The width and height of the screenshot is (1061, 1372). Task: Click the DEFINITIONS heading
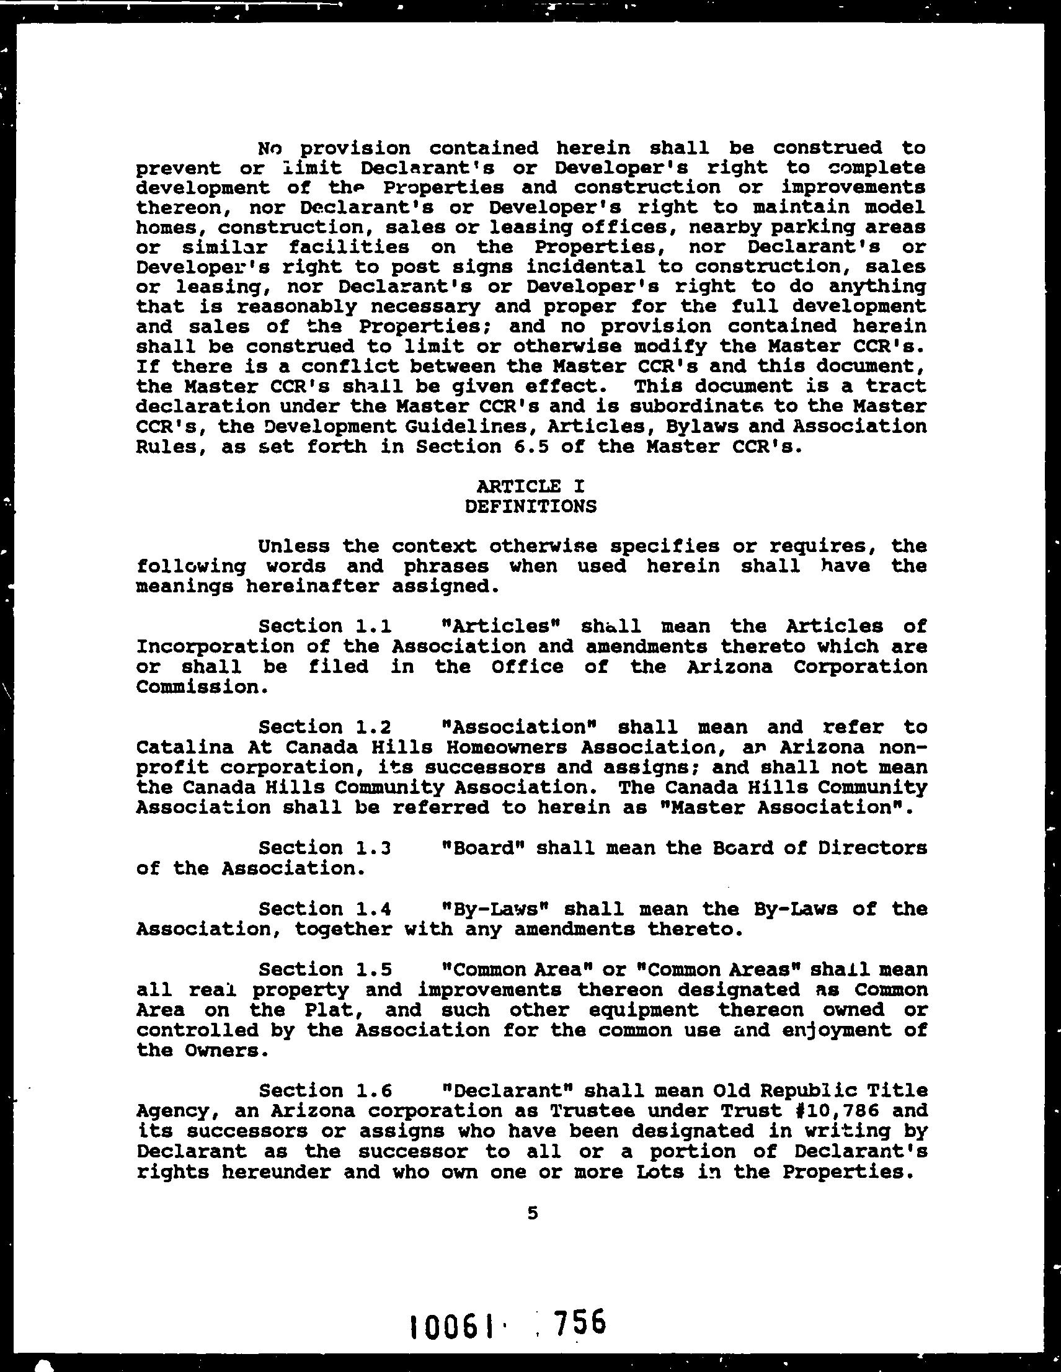tap(530, 506)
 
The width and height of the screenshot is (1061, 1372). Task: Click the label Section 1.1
tap(326, 626)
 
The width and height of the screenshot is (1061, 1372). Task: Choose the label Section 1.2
tap(326, 727)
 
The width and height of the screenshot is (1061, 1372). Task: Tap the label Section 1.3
tap(326, 847)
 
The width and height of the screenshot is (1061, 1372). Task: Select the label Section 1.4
tap(326, 909)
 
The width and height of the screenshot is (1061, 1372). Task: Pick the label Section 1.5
tap(326, 969)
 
